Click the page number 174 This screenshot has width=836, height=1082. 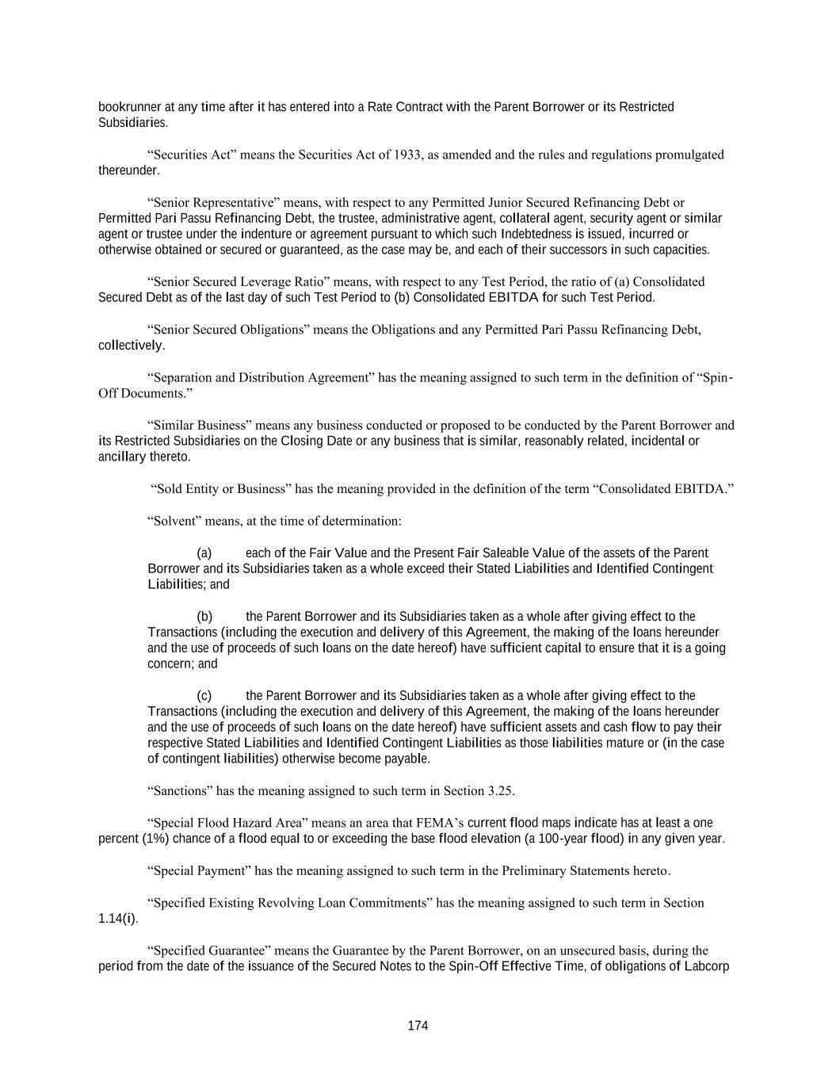[418, 1026]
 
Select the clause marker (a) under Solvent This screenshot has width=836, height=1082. [204, 553]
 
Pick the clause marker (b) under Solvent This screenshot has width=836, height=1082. [204, 617]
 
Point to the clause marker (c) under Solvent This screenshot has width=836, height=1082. [204, 696]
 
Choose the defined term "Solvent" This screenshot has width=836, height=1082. [174, 522]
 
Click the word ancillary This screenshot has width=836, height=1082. [122, 457]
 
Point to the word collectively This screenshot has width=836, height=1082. [131, 346]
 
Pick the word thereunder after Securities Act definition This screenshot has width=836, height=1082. [128, 170]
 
